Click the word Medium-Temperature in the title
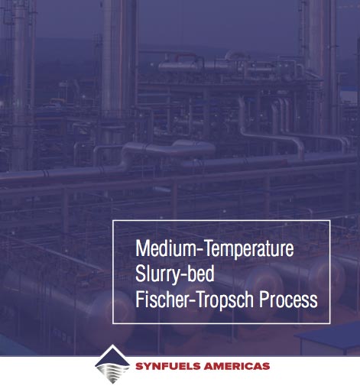[215, 248]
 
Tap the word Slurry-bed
[175, 274]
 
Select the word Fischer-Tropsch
[194, 299]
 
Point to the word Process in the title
[288, 299]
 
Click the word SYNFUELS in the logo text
[168, 367]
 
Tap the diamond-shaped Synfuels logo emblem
[112, 365]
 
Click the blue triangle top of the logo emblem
[112, 357]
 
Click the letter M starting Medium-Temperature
[141, 248]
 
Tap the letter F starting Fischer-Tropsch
[139, 299]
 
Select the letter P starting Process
[264, 299]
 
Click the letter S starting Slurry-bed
[141, 274]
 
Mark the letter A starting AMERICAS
[209, 367]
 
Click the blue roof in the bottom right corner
[329, 334]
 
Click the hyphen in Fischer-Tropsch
[193, 301]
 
